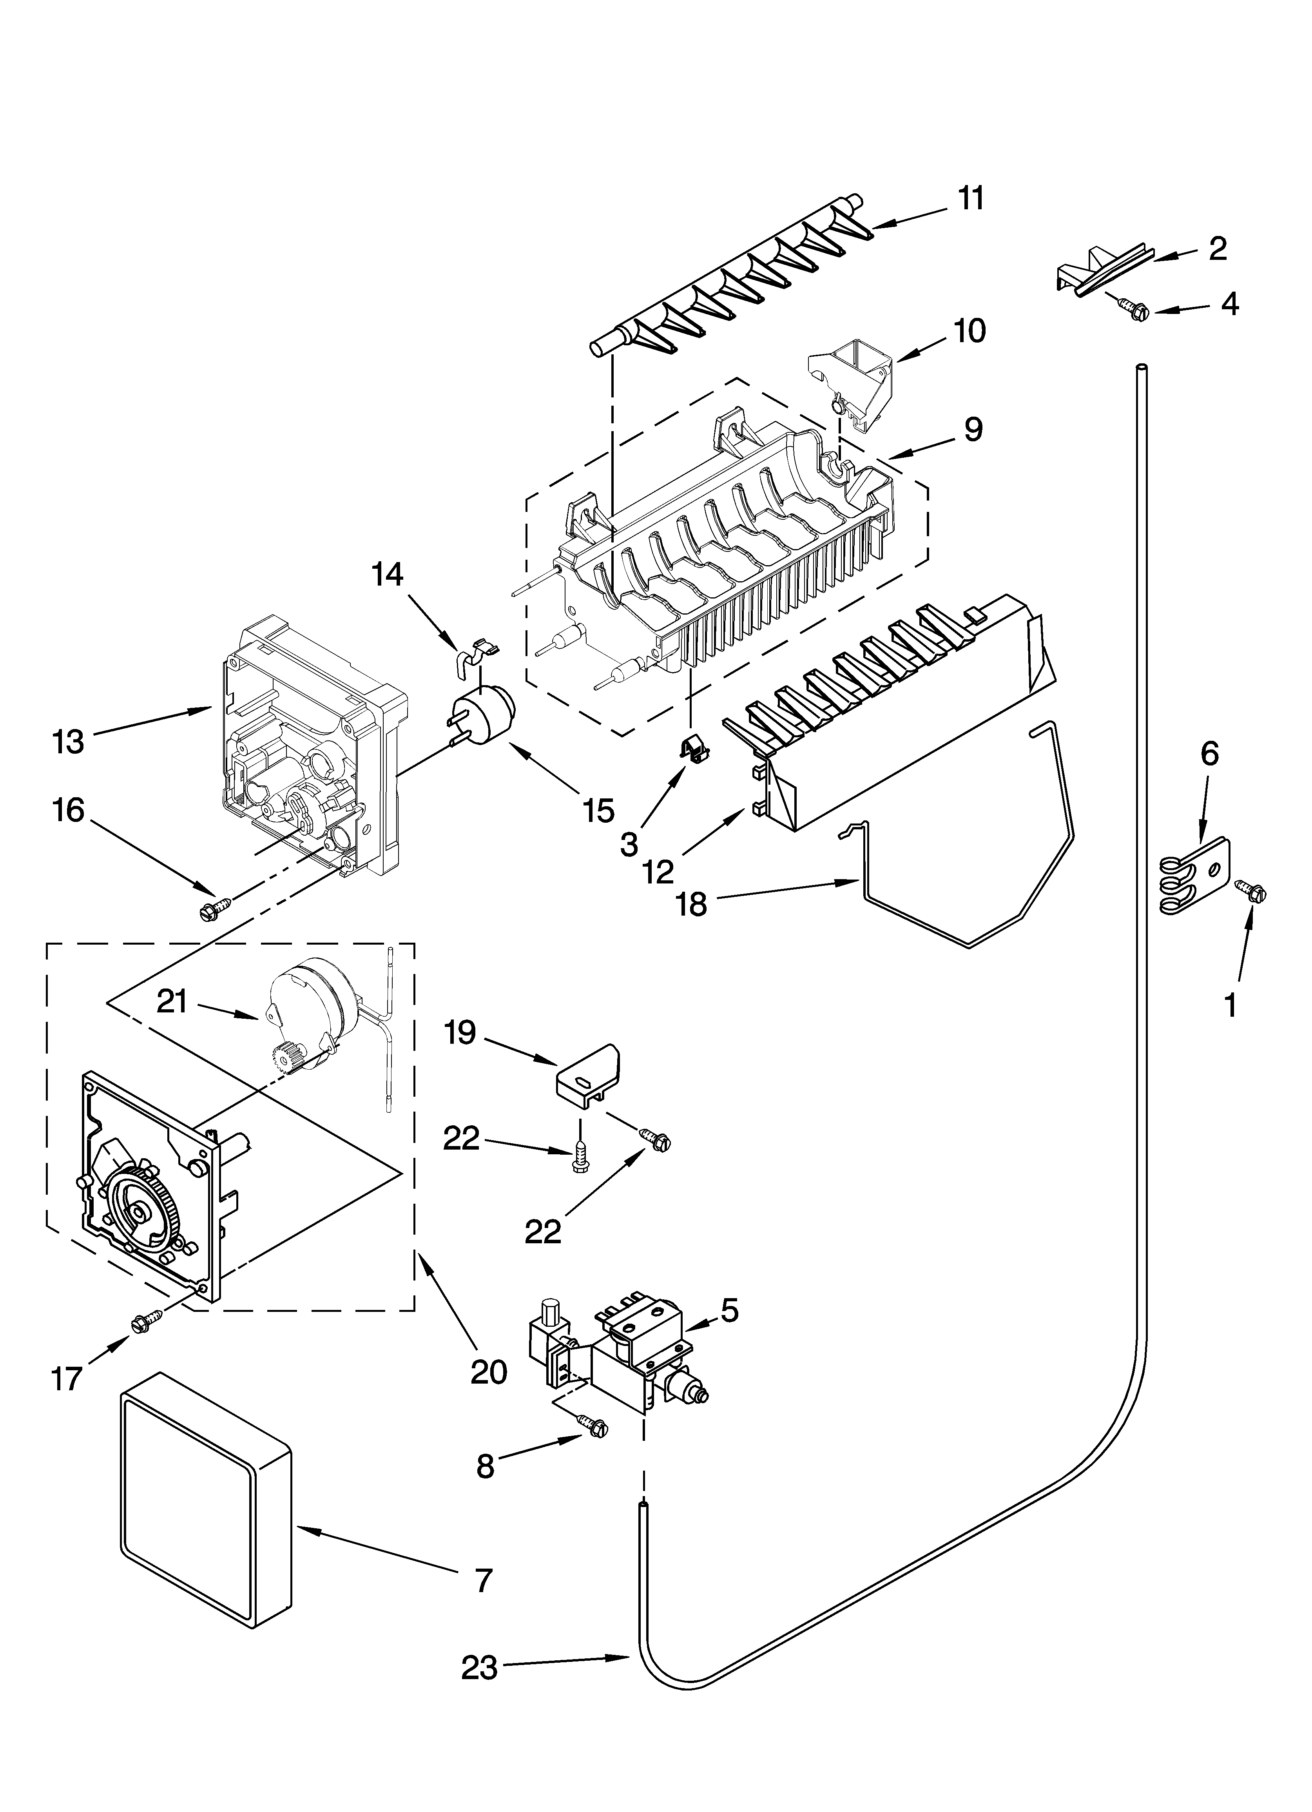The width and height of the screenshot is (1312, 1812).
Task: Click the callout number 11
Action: pyautogui.click(x=971, y=198)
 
